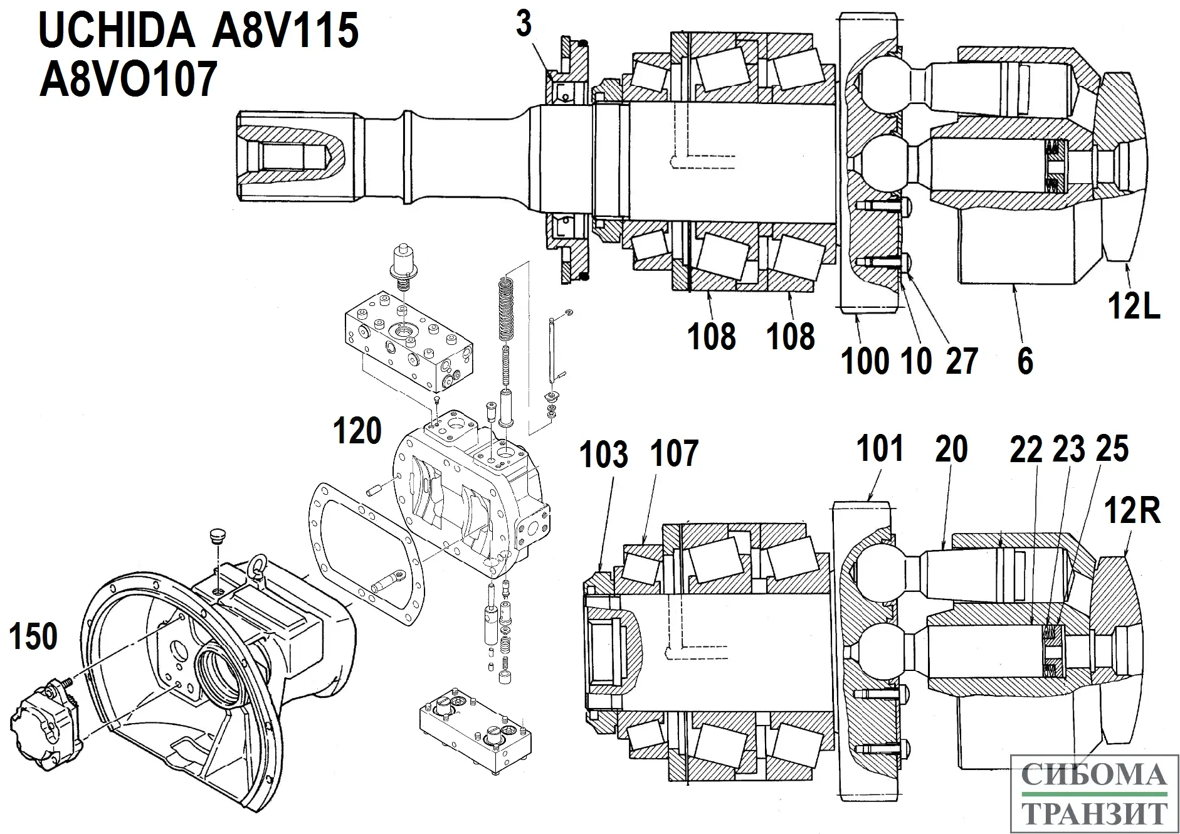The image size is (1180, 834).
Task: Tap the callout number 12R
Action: click(1133, 511)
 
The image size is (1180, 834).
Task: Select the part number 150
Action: click(33, 636)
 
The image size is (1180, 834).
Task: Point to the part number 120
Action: click(357, 431)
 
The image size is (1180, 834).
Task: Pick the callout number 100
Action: click(865, 361)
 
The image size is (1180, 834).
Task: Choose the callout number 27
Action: click(962, 361)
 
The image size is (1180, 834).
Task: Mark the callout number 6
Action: click(1025, 361)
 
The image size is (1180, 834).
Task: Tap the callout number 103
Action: click(603, 454)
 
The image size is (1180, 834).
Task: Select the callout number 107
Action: click(674, 453)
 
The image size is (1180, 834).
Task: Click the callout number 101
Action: click(880, 449)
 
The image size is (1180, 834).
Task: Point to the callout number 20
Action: click(951, 449)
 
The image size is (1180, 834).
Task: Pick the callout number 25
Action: click(1112, 449)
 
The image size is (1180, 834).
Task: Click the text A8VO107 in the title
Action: click(129, 79)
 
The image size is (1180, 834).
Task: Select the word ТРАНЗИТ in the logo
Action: click(1094, 813)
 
